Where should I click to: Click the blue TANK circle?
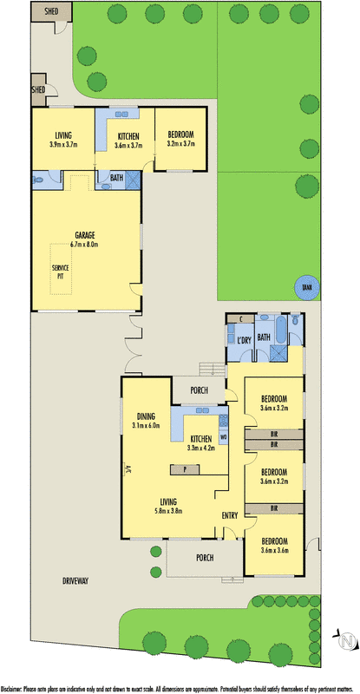304,289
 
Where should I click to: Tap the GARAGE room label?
84,235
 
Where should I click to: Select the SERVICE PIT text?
62,272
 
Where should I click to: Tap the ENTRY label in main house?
229,515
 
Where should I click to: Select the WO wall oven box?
223,436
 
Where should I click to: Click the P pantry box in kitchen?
185,469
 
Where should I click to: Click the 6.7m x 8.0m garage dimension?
84,245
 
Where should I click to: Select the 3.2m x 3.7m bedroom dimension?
180,143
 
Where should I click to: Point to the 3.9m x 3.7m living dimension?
63,143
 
